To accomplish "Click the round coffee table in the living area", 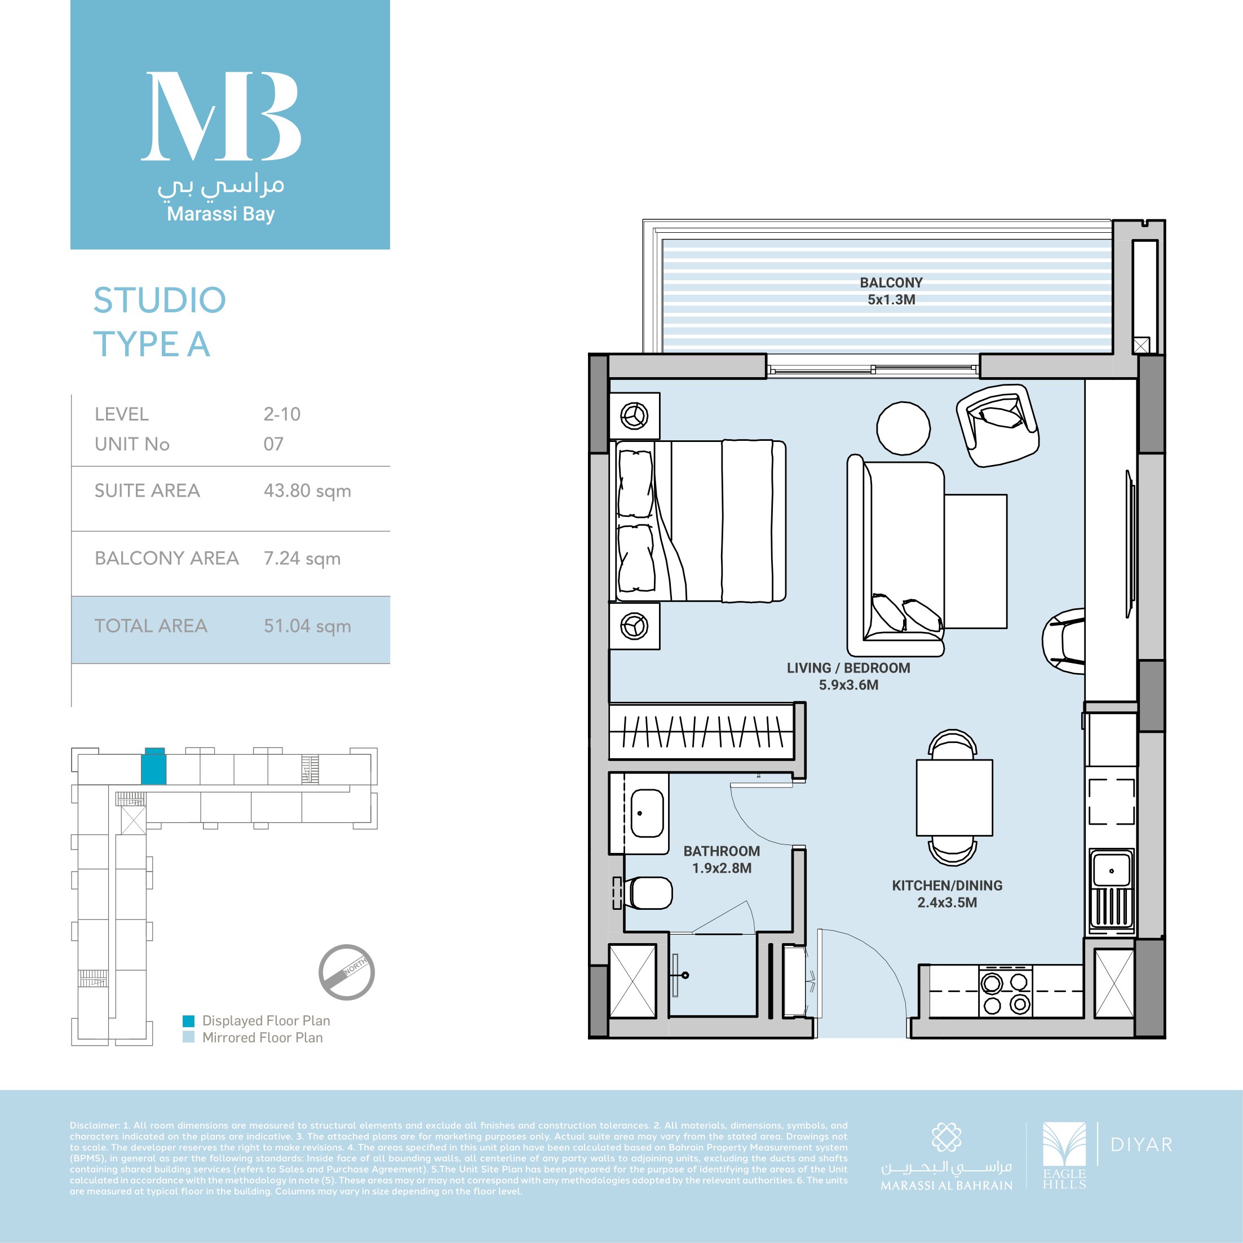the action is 903,428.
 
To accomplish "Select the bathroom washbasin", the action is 647,814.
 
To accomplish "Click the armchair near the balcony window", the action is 997,424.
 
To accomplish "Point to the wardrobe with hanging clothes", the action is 702,732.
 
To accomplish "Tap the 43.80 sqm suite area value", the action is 307,491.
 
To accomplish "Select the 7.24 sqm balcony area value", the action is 302,559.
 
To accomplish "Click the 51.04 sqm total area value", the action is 307,626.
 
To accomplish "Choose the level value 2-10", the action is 282,414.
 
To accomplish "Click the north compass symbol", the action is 347,972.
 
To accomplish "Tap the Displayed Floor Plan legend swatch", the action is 188,1021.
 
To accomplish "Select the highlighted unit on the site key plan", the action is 153,767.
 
